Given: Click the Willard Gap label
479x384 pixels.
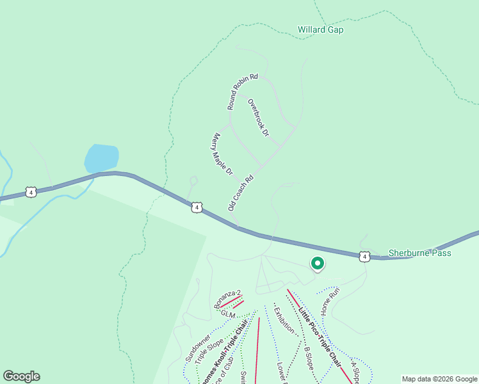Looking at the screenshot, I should click(320, 29).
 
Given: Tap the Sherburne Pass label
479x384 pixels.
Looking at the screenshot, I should click(419, 253).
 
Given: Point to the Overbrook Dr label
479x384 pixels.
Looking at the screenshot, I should click(258, 117).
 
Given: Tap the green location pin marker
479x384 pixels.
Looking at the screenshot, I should click(316, 263).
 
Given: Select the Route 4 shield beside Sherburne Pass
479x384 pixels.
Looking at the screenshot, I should click(364, 257).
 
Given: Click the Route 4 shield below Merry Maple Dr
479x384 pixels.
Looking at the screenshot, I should click(197, 207).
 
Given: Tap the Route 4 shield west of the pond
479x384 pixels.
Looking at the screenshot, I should click(30, 191).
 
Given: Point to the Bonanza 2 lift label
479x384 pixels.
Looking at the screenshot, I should click(227, 299).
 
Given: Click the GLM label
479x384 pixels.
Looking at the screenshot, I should click(229, 314).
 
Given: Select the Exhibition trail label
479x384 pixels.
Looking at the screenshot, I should click(284, 320).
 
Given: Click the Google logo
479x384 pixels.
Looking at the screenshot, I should click(21, 376).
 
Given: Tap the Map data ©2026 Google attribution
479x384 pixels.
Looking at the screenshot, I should click(439, 379).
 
